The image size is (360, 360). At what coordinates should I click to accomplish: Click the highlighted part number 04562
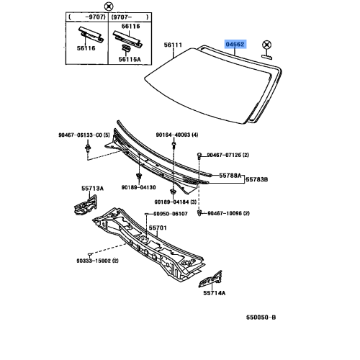(x=235, y=44)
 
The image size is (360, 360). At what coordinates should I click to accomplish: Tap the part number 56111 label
(x=173, y=45)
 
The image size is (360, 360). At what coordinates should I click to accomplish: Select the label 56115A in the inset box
(x=130, y=59)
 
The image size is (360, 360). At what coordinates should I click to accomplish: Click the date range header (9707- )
(x=130, y=17)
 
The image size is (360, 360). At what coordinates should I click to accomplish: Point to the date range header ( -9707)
(x=87, y=17)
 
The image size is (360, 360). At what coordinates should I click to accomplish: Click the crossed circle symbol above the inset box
(x=109, y=6)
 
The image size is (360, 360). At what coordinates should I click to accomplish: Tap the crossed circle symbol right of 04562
(x=266, y=45)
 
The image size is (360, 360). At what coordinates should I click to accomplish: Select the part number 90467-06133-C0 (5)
(x=84, y=135)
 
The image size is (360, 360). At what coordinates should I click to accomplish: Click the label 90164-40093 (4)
(x=177, y=135)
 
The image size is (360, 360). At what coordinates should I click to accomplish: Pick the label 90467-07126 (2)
(x=228, y=155)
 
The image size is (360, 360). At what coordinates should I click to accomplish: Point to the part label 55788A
(x=230, y=176)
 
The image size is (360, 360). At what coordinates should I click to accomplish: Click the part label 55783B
(x=257, y=179)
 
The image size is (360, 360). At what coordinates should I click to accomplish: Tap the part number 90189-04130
(x=138, y=187)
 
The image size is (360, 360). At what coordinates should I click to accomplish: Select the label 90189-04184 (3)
(x=176, y=202)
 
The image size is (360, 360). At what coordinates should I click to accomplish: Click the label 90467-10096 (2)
(x=228, y=213)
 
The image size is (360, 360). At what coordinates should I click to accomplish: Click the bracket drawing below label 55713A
(x=85, y=204)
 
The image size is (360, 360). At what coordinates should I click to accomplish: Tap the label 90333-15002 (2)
(x=97, y=261)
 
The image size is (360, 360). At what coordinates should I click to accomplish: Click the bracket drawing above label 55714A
(x=210, y=279)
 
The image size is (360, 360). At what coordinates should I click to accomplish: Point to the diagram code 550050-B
(x=261, y=318)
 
